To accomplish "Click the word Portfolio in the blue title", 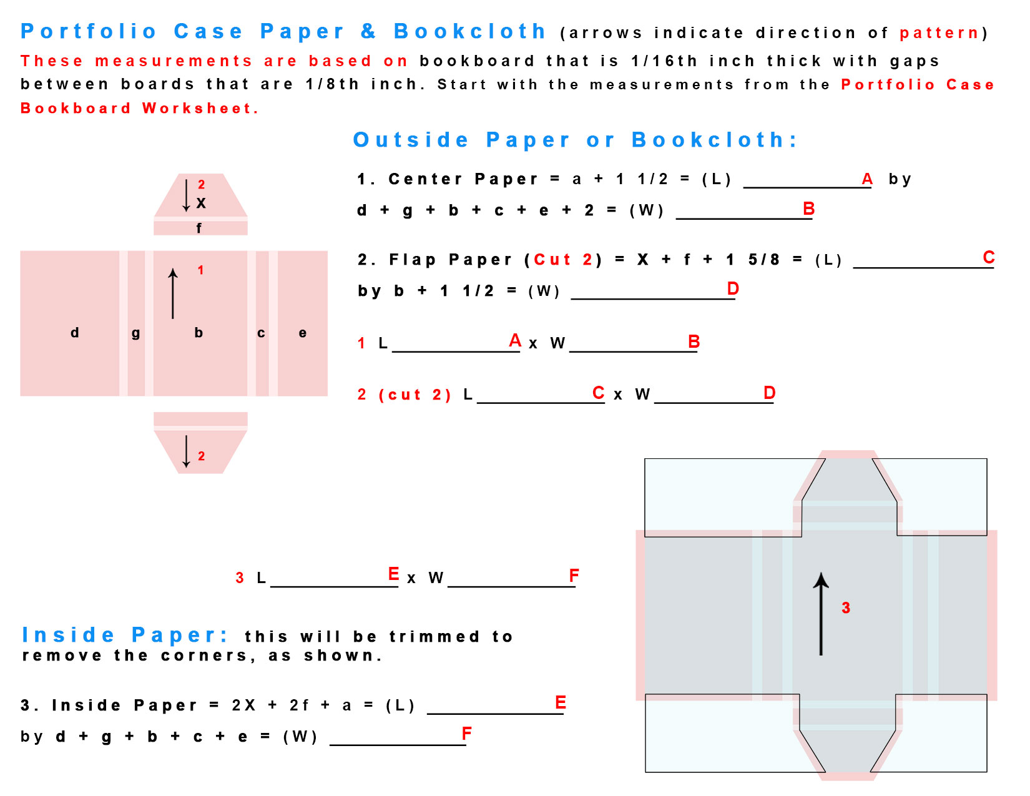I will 88,31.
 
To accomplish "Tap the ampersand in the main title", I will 368,31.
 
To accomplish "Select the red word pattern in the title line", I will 939,33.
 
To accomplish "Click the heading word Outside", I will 411,140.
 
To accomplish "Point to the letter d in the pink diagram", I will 75,332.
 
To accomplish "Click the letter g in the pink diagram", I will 135,333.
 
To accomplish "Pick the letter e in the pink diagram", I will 303,333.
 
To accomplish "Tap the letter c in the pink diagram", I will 261,333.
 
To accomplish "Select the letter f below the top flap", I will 199,228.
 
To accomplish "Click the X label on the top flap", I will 201,203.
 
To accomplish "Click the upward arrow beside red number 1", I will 173,293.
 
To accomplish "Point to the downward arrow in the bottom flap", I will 186,451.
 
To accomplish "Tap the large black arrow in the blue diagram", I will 821,614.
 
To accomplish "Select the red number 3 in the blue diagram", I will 846,608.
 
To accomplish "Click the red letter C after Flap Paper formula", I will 989,257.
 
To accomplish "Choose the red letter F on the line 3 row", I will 574,575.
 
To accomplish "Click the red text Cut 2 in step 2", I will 563,260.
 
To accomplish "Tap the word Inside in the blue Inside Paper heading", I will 69,635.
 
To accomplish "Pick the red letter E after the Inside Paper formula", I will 561,702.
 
